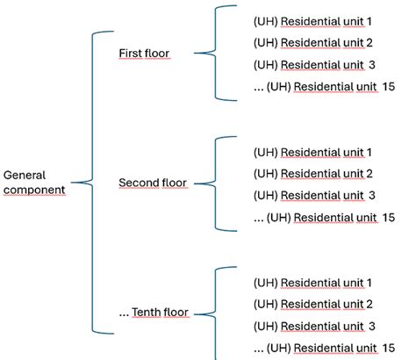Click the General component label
[33, 182]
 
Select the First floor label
[144, 54]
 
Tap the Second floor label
[151, 184]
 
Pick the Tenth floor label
[154, 313]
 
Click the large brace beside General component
[90, 183]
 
